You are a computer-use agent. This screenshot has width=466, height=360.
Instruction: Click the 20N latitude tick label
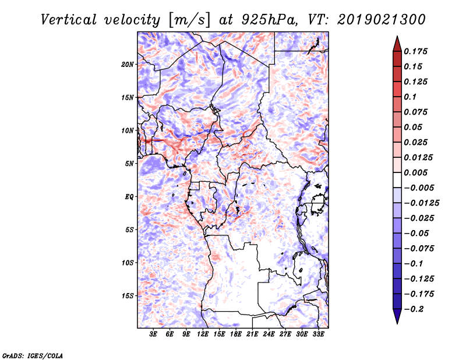pyautogui.click(x=128, y=65)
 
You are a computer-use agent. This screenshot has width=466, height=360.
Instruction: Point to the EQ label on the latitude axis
pyautogui.click(x=129, y=197)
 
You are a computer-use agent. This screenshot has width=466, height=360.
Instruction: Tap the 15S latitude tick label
pyautogui.click(x=128, y=296)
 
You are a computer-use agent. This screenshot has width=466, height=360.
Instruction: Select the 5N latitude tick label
pyautogui.click(x=129, y=164)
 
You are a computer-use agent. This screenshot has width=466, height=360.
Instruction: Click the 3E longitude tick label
pyautogui.click(x=153, y=334)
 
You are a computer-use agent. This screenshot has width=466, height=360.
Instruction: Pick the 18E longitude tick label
pyautogui.click(x=236, y=334)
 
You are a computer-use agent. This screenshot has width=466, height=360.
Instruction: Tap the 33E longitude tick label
pyautogui.click(x=318, y=334)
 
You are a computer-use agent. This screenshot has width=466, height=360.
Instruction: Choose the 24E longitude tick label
pyautogui.click(x=269, y=334)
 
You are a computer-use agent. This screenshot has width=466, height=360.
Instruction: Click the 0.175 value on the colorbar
pyautogui.click(x=415, y=51)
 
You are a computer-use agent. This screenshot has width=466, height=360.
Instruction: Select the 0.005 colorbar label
pyautogui.click(x=415, y=172)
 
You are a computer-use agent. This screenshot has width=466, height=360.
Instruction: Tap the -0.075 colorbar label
pyautogui.click(x=419, y=249)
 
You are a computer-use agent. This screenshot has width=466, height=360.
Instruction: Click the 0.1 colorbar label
pyautogui.click(x=411, y=97)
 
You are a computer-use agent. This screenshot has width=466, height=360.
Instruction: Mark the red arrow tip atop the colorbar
pyautogui.click(x=397, y=36)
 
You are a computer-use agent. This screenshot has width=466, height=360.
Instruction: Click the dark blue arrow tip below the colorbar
pyautogui.click(x=397, y=323)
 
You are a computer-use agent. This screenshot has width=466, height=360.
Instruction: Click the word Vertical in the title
pyautogui.click(x=68, y=20)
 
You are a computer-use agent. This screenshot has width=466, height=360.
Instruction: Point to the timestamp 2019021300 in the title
pyautogui.click(x=382, y=20)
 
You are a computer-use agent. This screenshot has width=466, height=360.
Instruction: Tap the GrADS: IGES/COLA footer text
pyautogui.click(x=33, y=356)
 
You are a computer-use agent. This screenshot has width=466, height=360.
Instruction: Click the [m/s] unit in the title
pyautogui.click(x=189, y=20)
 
